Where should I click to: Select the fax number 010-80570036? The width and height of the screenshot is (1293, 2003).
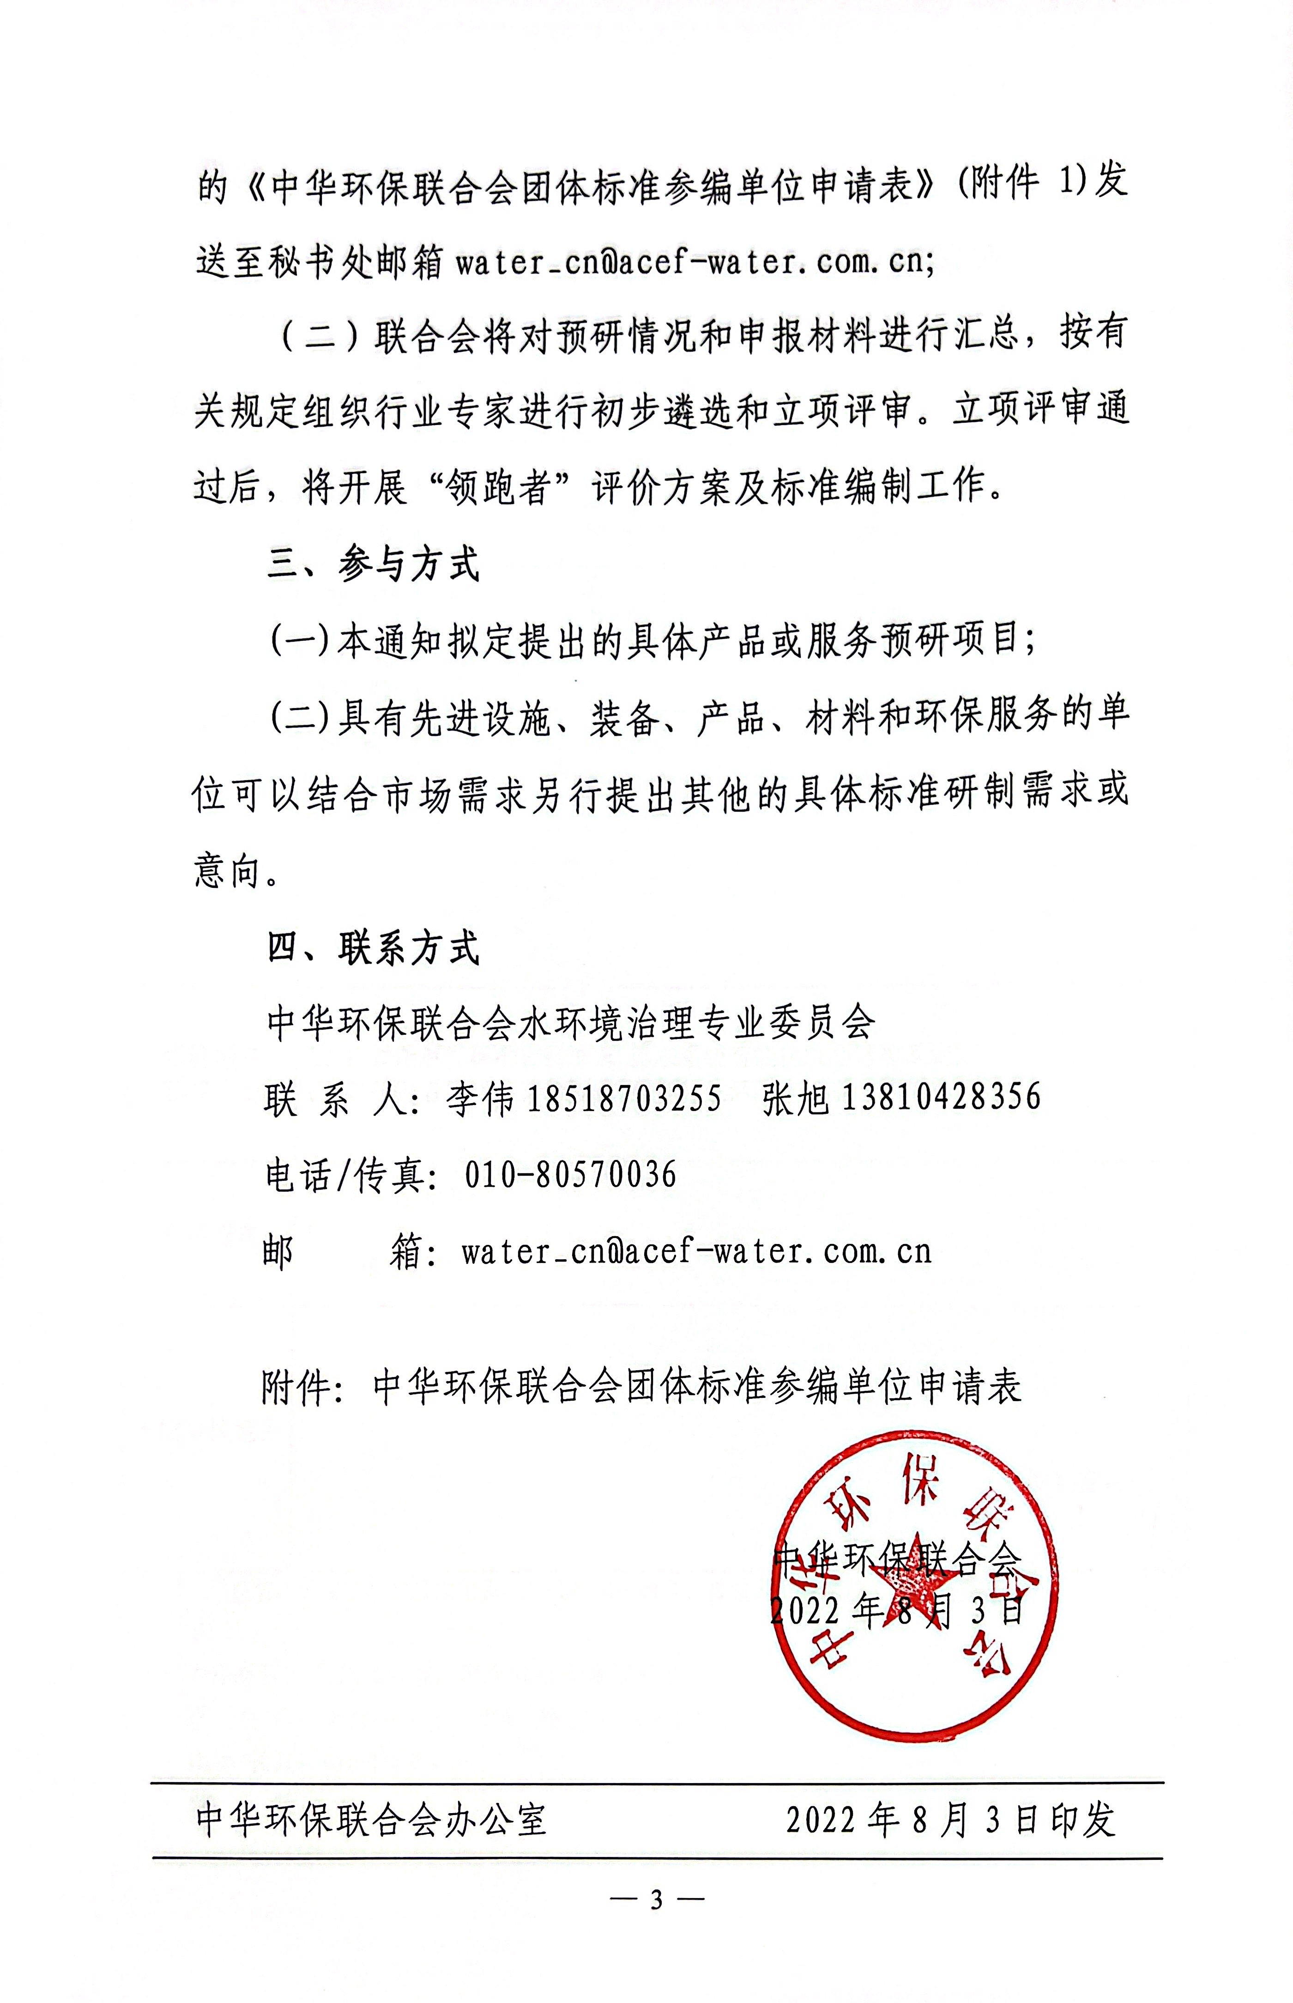(570, 1174)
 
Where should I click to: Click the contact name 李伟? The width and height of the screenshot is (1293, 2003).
(479, 1099)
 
